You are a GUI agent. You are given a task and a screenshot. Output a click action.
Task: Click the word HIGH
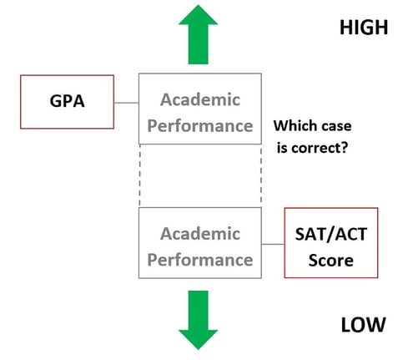[x=364, y=28]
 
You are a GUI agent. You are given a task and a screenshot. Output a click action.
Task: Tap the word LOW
[x=363, y=325]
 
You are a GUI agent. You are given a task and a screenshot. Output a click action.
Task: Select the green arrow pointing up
[x=199, y=34]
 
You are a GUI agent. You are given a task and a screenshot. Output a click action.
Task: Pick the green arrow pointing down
[x=198, y=320]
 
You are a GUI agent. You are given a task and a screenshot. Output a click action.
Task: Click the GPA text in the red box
[x=67, y=101]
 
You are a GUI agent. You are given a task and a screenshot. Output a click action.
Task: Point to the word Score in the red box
[x=331, y=261]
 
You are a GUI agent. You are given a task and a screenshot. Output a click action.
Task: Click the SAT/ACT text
[x=331, y=234]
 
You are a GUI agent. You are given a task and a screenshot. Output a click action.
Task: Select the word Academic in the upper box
[x=200, y=99]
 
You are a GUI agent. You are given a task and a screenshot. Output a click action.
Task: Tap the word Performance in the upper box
[x=200, y=126]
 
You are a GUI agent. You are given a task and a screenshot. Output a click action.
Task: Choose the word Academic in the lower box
[x=200, y=233]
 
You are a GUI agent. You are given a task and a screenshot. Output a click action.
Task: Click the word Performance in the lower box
[x=200, y=260]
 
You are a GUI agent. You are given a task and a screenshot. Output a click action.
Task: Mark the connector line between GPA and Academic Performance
[x=126, y=103]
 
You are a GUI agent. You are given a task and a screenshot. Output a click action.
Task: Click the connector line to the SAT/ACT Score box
[x=273, y=244]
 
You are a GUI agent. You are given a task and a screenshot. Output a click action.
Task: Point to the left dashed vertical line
[x=139, y=175]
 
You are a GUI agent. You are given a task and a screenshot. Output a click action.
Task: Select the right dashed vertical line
[x=261, y=175]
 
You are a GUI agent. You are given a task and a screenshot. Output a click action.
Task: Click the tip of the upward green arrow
[x=199, y=5]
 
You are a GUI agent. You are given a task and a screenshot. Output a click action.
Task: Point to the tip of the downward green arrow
[x=198, y=349]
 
